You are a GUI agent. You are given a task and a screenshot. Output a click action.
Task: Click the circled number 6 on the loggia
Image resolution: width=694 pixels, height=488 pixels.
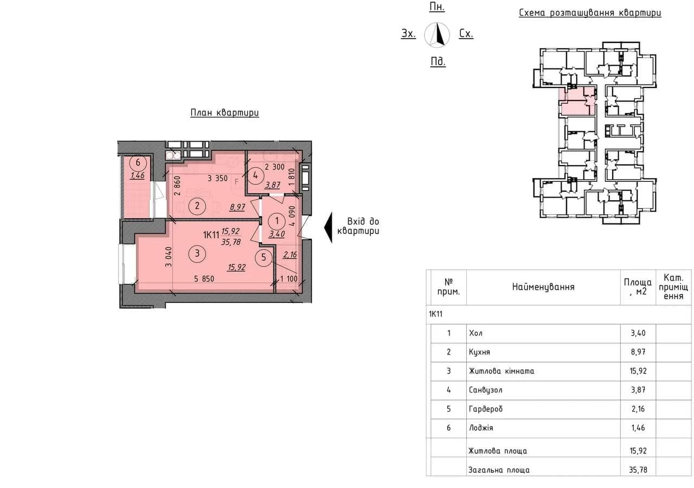point(138,162)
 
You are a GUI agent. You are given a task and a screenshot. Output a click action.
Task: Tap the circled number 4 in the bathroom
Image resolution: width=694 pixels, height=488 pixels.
point(255,175)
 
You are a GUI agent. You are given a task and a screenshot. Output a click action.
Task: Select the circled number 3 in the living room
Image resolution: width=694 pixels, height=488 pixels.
point(197,253)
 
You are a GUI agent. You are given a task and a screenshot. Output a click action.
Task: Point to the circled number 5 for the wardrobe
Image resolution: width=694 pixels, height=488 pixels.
point(264,257)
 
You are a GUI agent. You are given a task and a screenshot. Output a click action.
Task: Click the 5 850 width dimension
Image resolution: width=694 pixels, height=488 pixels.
point(204,279)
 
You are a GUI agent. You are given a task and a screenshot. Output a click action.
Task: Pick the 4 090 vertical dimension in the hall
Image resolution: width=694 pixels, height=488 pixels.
point(292,216)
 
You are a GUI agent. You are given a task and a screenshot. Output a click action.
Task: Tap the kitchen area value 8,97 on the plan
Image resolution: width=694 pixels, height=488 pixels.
point(237,207)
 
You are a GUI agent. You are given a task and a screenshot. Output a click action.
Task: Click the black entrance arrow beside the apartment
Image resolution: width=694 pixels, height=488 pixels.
point(328,227)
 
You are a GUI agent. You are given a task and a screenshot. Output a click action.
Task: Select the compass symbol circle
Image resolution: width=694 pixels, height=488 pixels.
point(437,35)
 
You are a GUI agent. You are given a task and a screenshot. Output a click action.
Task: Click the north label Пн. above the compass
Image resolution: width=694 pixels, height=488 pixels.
point(437,7)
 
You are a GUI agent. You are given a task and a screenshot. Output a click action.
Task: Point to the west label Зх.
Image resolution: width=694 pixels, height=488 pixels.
point(408,34)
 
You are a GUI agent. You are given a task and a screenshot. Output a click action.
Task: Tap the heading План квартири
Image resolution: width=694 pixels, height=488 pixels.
point(224,112)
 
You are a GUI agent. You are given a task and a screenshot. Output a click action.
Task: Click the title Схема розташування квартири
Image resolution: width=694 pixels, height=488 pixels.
point(590,13)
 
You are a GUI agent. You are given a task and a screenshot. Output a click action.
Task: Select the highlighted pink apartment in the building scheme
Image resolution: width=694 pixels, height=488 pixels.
point(577,102)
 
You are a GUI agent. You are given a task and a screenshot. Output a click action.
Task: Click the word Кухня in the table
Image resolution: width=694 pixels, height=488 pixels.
point(479,352)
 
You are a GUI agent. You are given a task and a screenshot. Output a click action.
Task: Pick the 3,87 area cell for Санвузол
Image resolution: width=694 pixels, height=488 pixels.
point(638,390)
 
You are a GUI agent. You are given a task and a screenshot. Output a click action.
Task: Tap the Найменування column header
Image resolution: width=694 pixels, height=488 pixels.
point(543,287)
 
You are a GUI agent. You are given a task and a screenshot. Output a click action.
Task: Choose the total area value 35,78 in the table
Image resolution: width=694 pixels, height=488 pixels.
point(638,470)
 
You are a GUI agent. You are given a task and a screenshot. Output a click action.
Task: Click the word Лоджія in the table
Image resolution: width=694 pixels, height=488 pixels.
point(481,428)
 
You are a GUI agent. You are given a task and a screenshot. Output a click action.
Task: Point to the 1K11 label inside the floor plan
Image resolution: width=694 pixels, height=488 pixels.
point(211,235)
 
